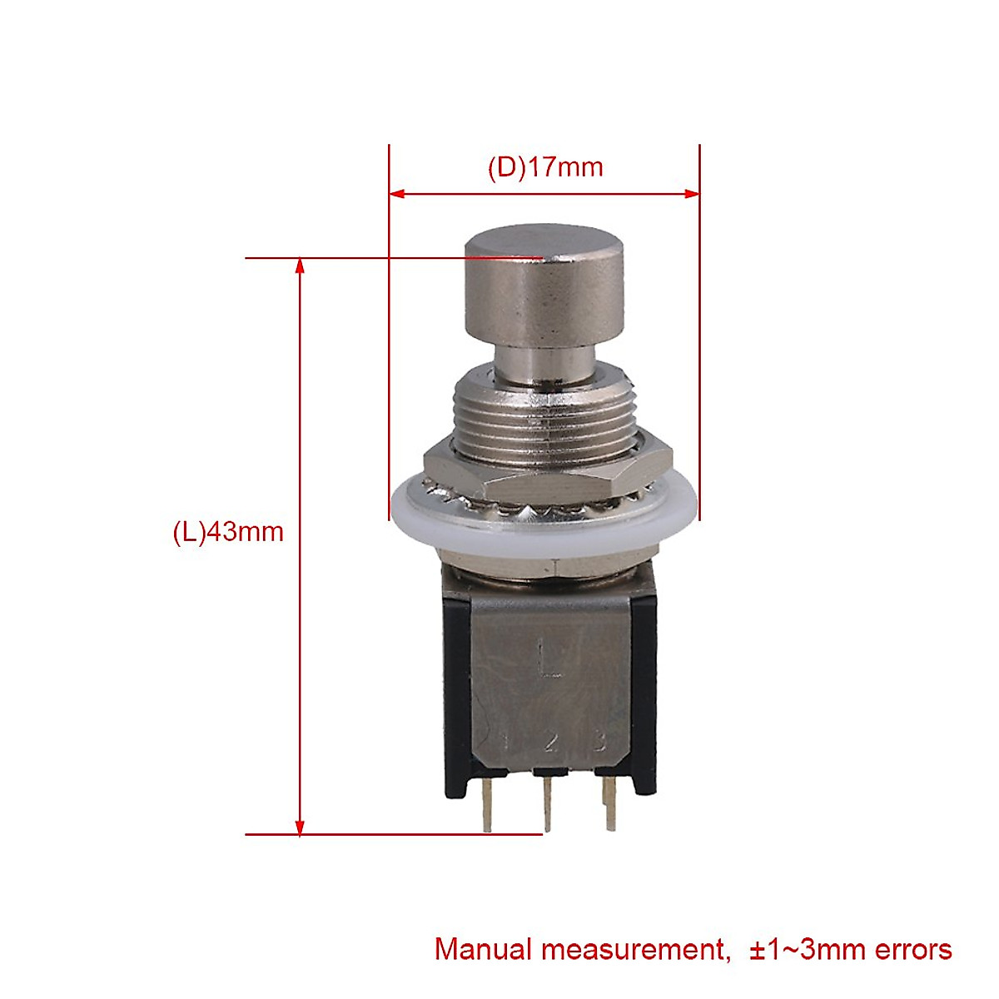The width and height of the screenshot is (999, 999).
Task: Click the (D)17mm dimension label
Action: tap(545, 167)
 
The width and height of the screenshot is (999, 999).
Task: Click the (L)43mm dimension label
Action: tap(228, 532)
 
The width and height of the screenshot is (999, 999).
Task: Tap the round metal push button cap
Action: tap(544, 286)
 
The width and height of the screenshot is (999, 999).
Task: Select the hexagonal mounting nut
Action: tap(548, 475)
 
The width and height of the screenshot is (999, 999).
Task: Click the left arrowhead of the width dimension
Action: tap(397, 194)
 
